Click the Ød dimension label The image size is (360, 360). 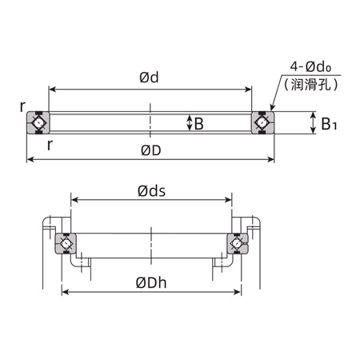[149, 78]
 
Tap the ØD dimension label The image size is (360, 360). [150, 150]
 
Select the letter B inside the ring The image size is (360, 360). [198, 123]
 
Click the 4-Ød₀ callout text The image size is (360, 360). [314, 66]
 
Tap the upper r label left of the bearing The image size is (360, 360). [24, 106]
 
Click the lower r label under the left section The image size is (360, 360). [50, 144]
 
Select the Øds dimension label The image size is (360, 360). [151, 190]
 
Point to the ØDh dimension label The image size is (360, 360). [151, 282]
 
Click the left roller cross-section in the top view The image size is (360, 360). [38, 122]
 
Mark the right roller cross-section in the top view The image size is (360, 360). [262, 122]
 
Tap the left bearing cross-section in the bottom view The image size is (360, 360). [66, 243]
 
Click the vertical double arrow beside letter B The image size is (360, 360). [189, 123]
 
